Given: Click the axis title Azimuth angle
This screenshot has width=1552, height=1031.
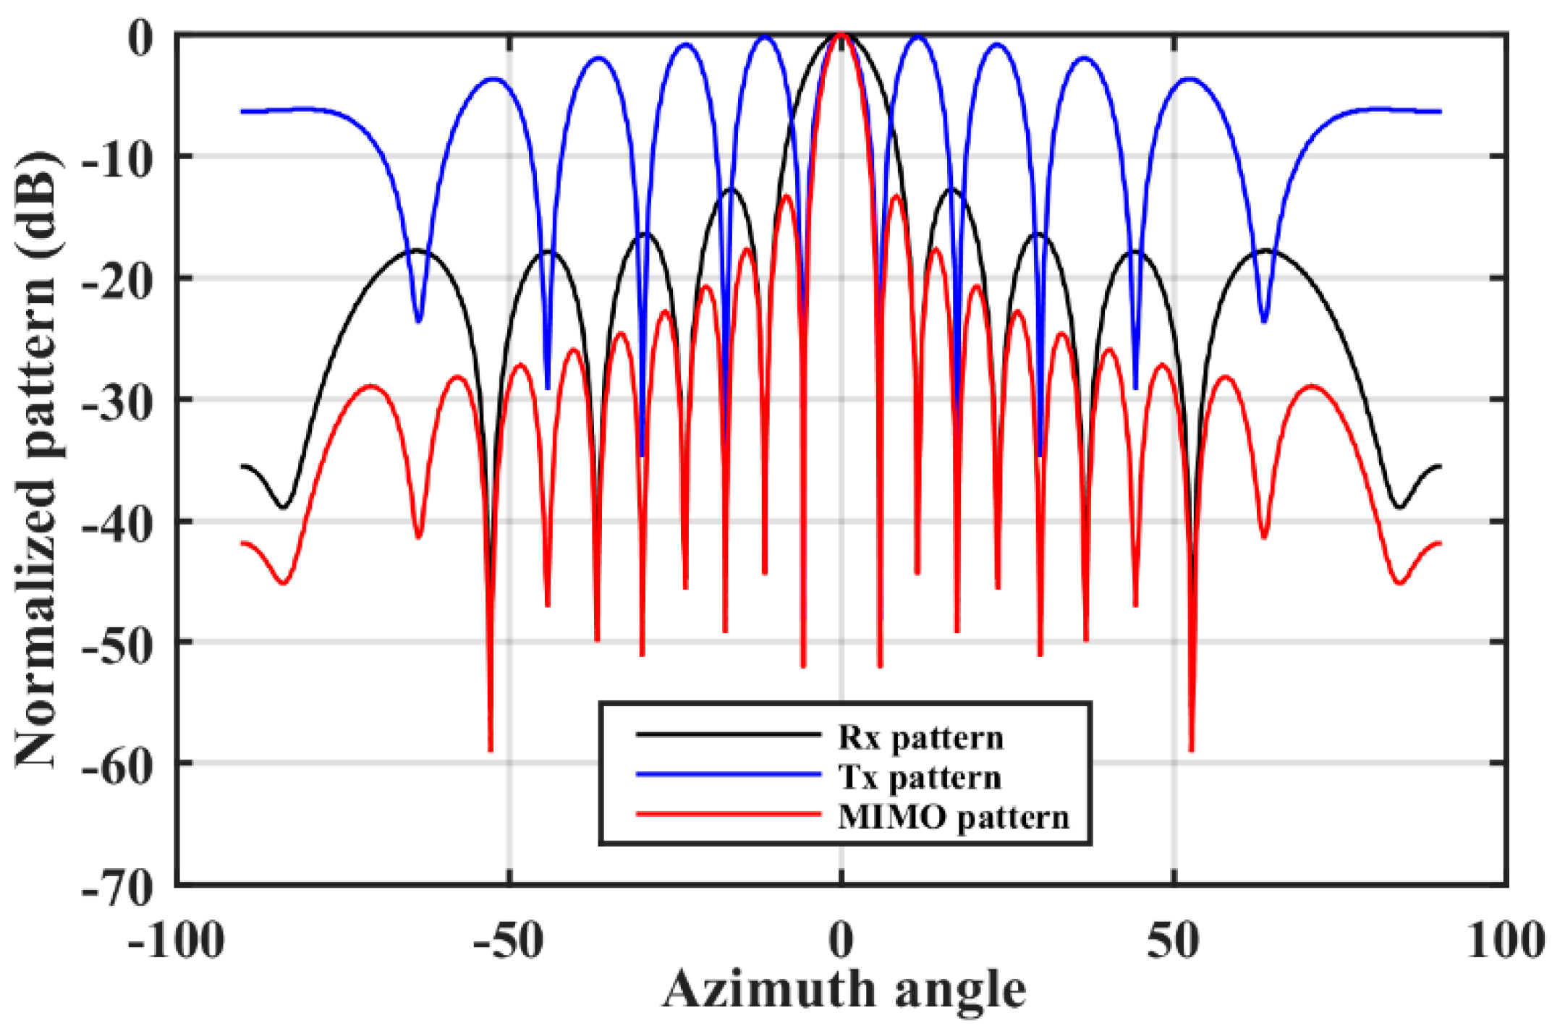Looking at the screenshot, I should [843, 990].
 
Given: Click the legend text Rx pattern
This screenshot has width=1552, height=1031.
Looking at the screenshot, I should [920, 738].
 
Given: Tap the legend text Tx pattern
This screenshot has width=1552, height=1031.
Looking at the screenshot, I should [919, 778].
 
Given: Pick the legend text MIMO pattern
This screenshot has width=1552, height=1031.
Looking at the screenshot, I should [953, 818].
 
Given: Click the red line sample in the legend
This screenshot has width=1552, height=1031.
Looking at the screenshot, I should [729, 815].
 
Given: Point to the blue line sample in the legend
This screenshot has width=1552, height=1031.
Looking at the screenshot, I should [729, 775].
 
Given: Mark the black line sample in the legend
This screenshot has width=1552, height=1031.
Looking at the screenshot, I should [729, 735].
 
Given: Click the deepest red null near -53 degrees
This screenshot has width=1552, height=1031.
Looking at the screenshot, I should [491, 750].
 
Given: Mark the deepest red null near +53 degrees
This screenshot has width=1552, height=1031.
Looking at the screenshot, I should [1192, 750].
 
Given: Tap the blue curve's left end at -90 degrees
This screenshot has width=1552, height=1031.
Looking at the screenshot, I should [243, 111].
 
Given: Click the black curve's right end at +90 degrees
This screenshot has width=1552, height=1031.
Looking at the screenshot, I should [1439, 467].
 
